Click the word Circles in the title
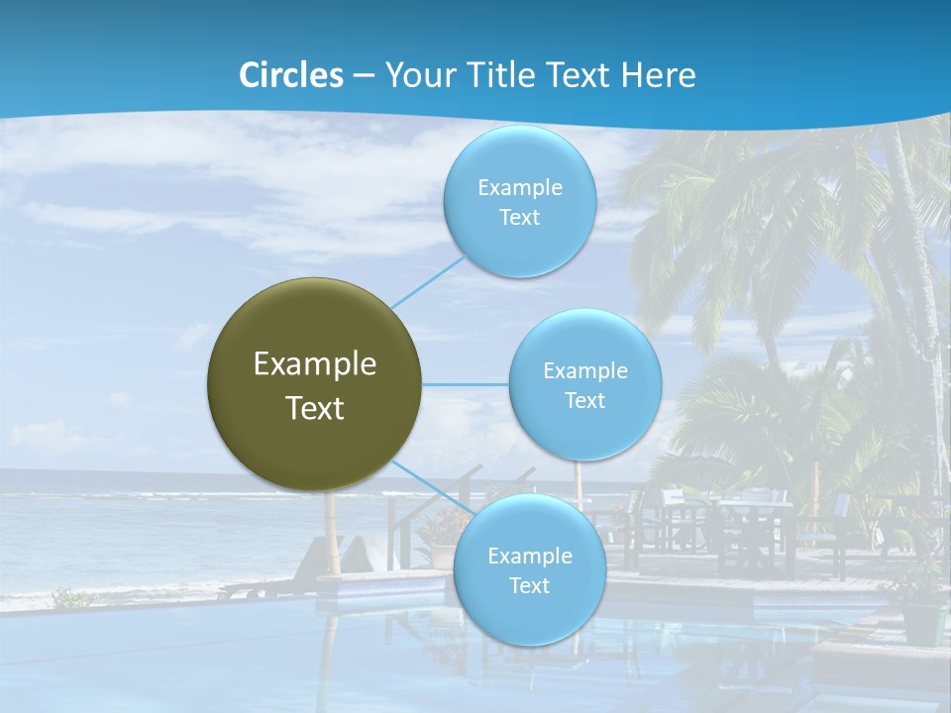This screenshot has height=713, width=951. point(291,75)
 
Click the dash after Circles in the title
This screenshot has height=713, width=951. point(364,76)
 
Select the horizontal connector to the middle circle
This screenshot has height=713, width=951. point(466,384)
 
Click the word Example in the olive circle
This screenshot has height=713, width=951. point(315,364)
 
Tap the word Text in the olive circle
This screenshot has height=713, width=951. point(315,408)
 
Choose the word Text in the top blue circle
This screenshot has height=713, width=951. point(519,218)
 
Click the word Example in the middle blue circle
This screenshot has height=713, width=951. point(585,371)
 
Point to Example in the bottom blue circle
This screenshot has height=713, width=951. point(530,557)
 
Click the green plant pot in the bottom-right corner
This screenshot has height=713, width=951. point(922,621)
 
